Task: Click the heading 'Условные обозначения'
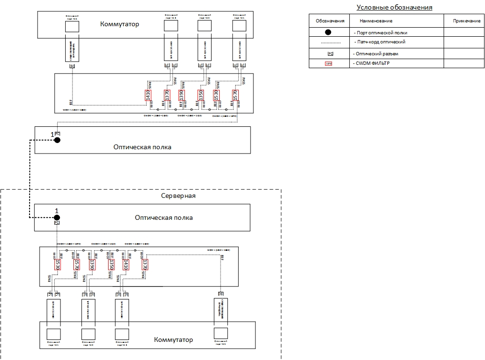(394, 7)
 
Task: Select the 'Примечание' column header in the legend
(466, 21)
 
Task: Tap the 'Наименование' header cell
(376, 21)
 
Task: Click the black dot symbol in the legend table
(328, 32)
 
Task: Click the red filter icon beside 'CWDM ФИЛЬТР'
(328, 63)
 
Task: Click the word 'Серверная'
(178, 195)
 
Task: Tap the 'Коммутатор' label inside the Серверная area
(173, 339)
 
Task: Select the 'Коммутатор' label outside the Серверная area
(120, 24)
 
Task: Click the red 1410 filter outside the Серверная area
(148, 95)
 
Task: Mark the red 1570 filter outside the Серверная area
(235, 95)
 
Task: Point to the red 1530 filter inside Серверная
(57, 265)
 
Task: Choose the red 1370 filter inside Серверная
(145, 265)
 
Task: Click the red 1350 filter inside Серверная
(111, 265)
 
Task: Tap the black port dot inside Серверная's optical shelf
(57, 217)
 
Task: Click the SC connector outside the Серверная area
(72, 66)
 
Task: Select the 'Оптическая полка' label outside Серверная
(142, 147)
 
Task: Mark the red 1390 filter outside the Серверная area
(181, 95)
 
